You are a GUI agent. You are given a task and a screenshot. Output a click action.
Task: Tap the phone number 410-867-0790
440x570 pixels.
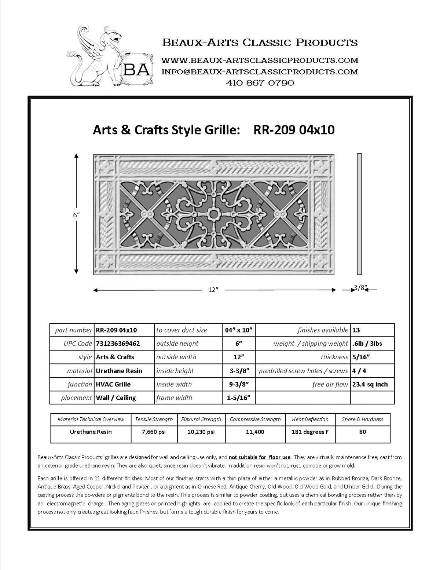click(x=260, y=83)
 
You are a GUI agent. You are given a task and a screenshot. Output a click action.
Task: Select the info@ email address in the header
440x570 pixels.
click(x=260, y=72)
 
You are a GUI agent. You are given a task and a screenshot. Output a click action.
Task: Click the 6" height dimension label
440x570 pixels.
click(x=76, y=215)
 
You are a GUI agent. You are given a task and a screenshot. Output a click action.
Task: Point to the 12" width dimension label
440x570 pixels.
click(x=213, y=290)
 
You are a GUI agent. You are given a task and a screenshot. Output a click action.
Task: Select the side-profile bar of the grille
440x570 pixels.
click(x=359, y=214)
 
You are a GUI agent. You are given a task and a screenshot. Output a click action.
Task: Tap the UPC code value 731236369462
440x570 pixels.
click(x=118, y=344)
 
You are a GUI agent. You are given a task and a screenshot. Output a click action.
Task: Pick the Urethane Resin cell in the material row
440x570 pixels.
click(x=119, y=371)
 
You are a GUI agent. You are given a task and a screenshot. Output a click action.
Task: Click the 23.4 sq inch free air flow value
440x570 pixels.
click(x=370, y=384)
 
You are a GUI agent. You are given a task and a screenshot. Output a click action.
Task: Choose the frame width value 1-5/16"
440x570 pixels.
click(x=239, y=398)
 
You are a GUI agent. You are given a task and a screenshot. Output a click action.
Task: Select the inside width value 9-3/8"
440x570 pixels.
click(x=239, y=384)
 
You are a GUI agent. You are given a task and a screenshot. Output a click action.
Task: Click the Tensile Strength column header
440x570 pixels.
click(x=154, y=419)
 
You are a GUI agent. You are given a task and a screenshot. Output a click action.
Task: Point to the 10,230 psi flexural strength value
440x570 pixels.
click(x=201, y=432)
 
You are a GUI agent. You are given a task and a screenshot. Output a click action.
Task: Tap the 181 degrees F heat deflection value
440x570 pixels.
click(x=310, y=432)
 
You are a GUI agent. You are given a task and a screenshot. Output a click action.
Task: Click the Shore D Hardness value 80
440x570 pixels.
click(x=362, y=432)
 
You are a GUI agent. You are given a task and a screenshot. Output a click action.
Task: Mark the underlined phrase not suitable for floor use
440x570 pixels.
click(x=260, y=457)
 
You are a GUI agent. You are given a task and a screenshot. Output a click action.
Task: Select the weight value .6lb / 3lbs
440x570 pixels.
click(x=367, y=344)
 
